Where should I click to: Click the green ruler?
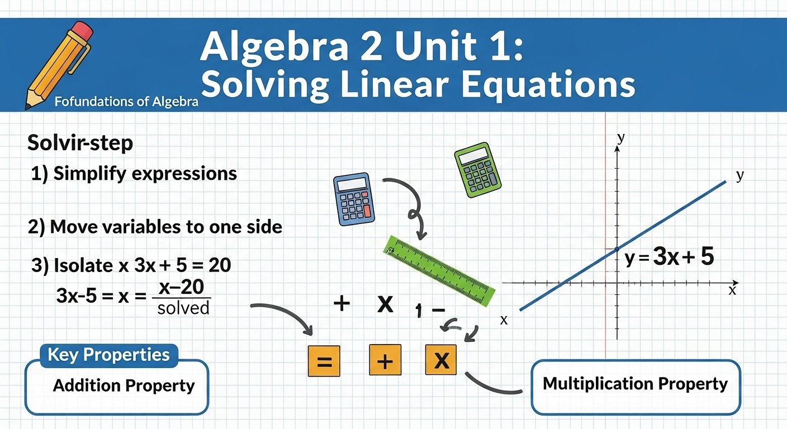439,270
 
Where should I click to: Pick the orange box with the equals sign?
324,361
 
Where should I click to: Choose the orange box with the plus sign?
385,361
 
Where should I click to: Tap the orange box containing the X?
441,360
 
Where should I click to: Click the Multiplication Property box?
635,385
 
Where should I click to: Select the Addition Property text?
124,385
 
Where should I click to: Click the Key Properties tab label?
108,355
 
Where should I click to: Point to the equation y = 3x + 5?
670,257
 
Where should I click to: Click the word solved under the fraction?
183,307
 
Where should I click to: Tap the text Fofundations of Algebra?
126,102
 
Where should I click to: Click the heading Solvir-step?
80,143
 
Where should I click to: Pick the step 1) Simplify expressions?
134,173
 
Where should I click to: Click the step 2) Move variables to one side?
155,227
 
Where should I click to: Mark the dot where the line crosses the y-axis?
617,249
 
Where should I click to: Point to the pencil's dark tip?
28,104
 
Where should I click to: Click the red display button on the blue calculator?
367,212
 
